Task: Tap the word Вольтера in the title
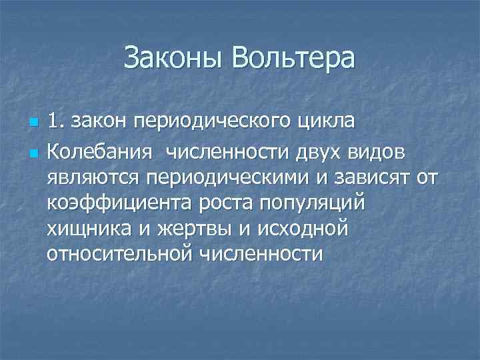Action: (x=294, y=59)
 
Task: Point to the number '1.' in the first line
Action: (x=57, y=122)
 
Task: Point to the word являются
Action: (x=94, y=179)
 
